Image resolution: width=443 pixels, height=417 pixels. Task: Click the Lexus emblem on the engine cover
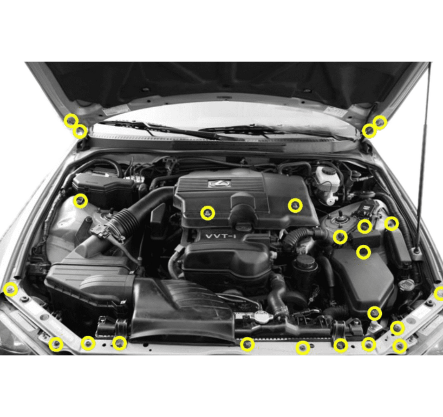pos(220,184)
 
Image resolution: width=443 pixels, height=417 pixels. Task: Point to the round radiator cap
pos(262,317)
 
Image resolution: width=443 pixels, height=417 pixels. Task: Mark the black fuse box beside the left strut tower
pos(103,187)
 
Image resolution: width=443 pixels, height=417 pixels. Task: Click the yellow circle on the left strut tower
pos(81,201)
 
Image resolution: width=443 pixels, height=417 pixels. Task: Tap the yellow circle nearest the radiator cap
pos(247,344)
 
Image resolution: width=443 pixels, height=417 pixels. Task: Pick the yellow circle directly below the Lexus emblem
pos(207,213)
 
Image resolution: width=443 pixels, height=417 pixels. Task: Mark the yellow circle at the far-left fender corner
pos(10,290)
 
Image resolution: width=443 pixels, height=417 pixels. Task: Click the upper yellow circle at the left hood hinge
pos(71,120)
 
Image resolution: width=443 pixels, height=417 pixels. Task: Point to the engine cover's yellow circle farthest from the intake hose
pos(295,205)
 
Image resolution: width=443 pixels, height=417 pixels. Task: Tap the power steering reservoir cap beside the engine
pos(305,263)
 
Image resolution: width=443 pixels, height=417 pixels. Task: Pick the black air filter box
pos(89,282)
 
